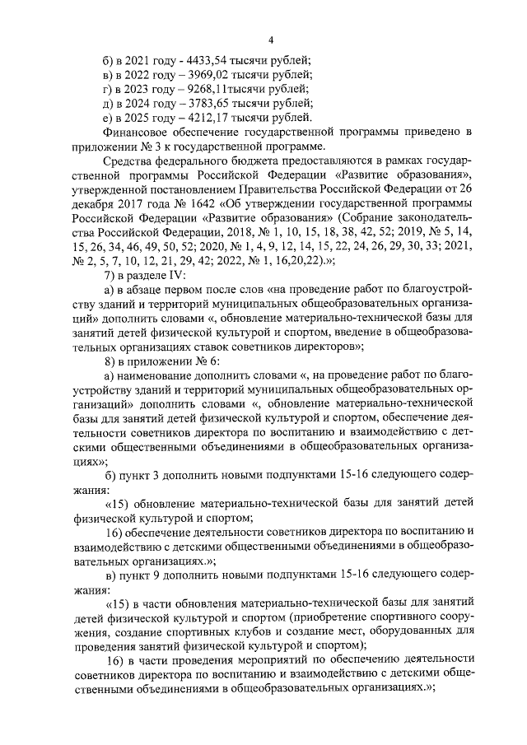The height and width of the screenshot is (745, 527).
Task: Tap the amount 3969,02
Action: (x=201, y=76)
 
